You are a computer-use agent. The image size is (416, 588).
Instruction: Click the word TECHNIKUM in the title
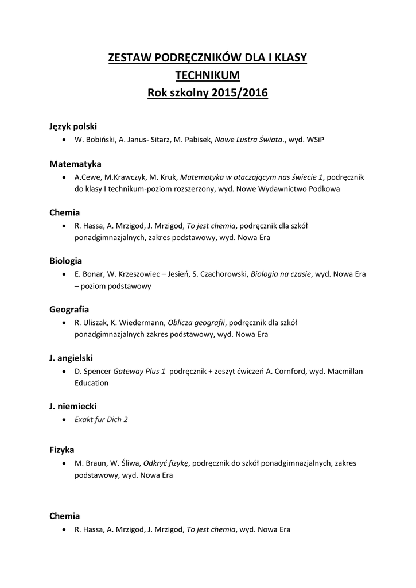pos(208,75)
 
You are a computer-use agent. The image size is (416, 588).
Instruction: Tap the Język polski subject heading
pos(73,126)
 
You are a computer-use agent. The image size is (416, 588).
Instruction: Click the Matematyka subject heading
pos(75,164)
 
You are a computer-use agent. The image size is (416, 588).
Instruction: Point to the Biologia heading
pos(65,261)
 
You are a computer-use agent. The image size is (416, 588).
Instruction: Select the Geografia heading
pos(69,309)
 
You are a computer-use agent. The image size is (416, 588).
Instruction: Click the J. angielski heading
pos(71,358)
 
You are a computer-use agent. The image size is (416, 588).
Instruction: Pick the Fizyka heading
pos(62,450)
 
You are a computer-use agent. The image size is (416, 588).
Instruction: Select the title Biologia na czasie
pos(281,274)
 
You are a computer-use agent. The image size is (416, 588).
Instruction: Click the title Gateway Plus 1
pos(139,371)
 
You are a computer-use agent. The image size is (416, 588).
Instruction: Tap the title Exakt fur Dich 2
pos(101,419)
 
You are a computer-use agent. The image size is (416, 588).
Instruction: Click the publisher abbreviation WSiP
pos(314,140)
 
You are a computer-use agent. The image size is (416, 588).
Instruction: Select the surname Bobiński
pos(101,140)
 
